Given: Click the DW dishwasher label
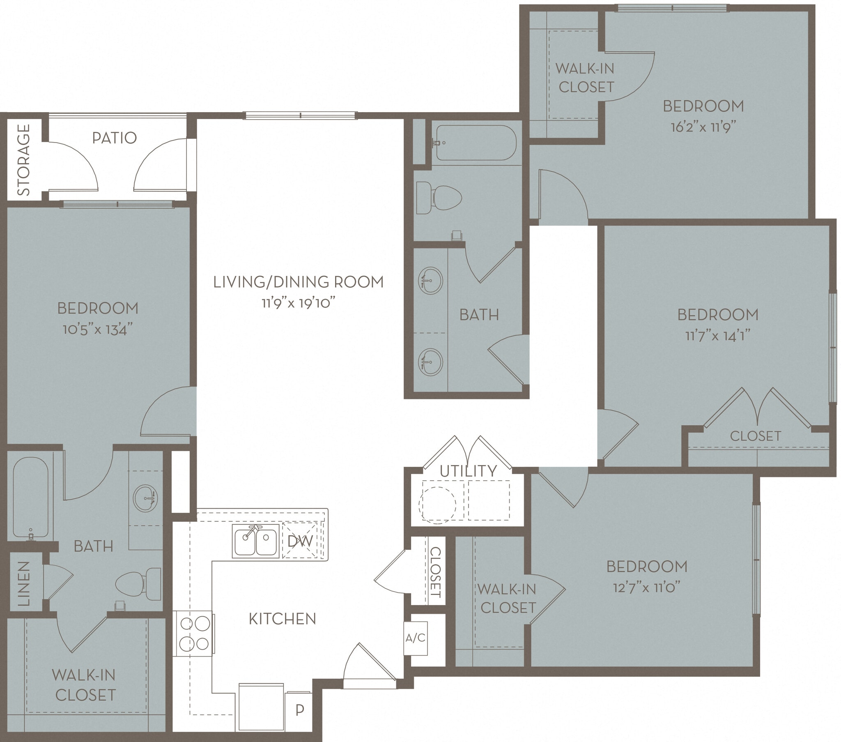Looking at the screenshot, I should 300,541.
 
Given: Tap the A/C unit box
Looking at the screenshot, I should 416,638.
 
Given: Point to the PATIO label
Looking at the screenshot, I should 115,138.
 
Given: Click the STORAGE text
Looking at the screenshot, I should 24,160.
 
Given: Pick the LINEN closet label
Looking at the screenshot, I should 24,583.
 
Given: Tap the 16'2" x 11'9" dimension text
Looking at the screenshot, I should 703,127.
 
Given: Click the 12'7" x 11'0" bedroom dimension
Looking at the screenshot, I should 646,587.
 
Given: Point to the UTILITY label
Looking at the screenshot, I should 468,471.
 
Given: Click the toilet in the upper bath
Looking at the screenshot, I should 438,198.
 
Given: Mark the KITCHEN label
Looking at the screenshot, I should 282,619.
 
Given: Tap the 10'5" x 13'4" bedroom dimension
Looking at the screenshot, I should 98,330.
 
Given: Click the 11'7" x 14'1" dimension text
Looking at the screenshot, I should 717,336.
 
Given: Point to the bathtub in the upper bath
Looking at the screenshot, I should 476,143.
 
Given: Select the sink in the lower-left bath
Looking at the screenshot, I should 146,498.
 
